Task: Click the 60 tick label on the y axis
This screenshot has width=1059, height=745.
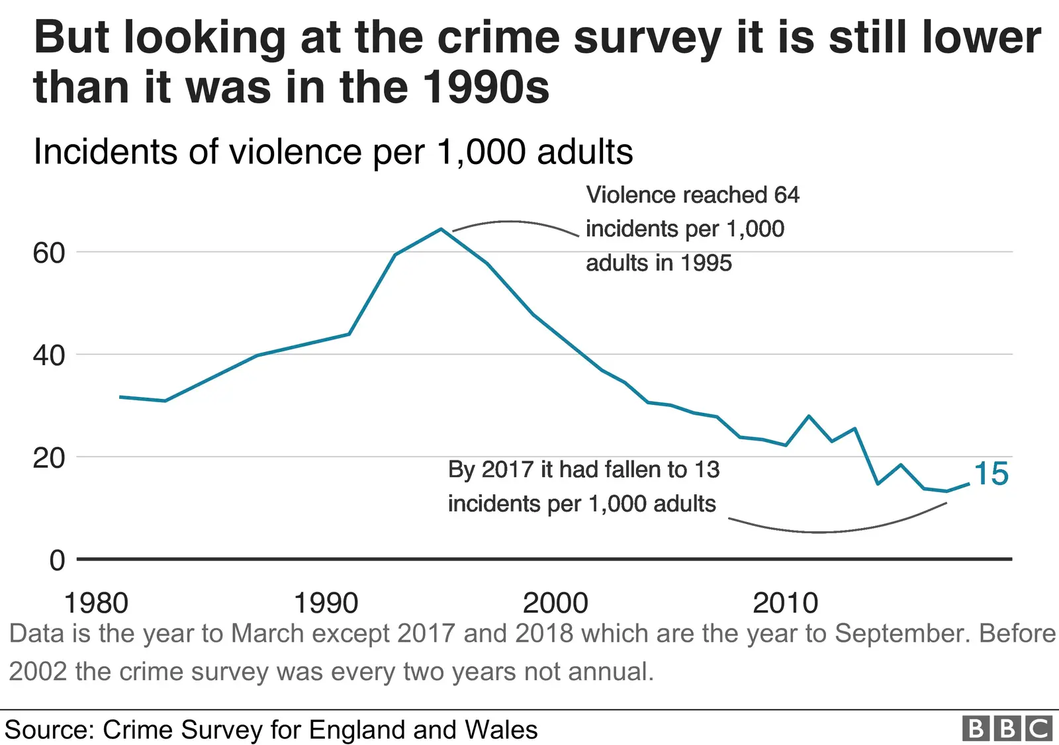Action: (49, 253)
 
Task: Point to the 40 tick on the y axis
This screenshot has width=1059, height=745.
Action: (49, 356)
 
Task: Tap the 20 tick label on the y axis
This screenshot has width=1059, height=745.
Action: (49, 458)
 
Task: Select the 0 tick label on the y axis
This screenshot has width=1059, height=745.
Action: (58, 560)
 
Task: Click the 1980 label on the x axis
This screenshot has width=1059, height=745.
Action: (96, 603)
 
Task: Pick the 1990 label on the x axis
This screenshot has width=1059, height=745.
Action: (326, 603)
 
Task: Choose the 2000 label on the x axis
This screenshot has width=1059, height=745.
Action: (555, 603)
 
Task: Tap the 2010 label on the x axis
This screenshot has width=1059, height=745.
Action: (786, 603)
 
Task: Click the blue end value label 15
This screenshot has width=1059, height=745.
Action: (991, 474)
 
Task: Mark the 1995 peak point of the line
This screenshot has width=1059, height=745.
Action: (441, 229)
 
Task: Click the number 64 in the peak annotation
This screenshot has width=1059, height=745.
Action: (786, 195)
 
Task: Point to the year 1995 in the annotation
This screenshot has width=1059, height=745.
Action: (706, 263)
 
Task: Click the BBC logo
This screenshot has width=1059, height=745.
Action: (1007, 728)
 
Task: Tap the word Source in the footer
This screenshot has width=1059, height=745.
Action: (48, 730)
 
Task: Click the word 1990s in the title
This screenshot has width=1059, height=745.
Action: (486, 87)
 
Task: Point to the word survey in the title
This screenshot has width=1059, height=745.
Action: (647, 38)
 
